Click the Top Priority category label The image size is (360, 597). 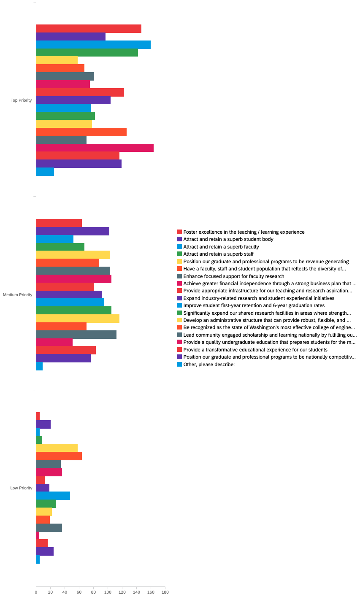tap(21, 100)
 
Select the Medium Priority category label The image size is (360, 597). tap(18, 295)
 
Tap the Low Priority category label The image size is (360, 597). tap(21, 488)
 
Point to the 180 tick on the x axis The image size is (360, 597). tap(165, 592)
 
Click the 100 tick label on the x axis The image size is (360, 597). tap(108, 592)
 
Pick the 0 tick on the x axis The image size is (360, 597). tap(36, 592)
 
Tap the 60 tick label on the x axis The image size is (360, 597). tap(79, 592)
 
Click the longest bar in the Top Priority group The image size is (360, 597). tap(95, 148)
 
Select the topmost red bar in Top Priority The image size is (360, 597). tap(89, 29)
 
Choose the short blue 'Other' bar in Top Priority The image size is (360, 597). tap(45, 172)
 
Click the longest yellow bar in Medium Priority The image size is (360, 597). tap(78, 319)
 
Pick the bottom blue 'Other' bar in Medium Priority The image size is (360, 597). tap(39, 366)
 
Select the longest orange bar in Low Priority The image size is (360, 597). tap(59, 456)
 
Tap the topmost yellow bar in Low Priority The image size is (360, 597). tap(57, 448)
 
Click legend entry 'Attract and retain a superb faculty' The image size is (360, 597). tap(221, 247)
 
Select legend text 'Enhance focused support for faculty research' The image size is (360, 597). tap(234, 276)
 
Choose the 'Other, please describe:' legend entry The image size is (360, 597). tap(209, 365)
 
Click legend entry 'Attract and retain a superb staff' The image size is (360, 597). tap(218, 254)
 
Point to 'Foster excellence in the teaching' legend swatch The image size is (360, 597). tap(179, 232)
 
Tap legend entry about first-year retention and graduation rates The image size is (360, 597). tap(254, 305)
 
